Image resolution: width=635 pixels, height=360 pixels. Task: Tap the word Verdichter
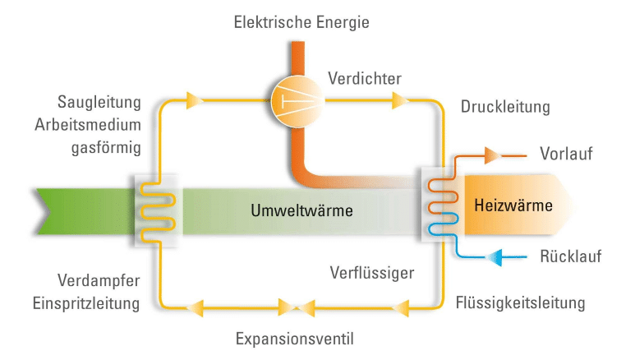tap(364, 79)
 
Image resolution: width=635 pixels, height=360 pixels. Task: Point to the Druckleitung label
tap(505, 108)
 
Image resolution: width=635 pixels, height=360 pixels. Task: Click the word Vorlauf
tap(566, 155)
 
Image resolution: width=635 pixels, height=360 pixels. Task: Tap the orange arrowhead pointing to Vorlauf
tap(491, 154)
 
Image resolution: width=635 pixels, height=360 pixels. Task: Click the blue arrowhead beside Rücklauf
tap(495, 257)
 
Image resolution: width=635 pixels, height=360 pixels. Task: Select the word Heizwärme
tap(514, 205)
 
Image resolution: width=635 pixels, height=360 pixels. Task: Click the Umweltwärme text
tap(302, 210)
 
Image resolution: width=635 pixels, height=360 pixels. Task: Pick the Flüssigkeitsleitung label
tap(520, 302)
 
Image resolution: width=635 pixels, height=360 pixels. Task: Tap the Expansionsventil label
tap(295, 338)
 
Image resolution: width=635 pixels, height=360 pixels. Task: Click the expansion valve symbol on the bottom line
tap(296, 307)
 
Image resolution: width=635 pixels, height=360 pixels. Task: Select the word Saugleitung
tap(99, 102)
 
